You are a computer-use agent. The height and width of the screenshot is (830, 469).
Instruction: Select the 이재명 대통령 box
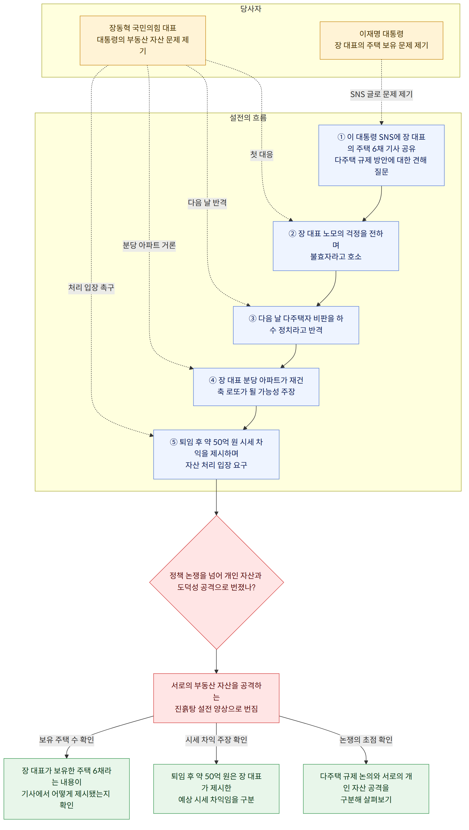click(x=381, y=41)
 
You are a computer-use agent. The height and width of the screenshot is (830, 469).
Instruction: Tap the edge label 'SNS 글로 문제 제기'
click(x=381, y=94)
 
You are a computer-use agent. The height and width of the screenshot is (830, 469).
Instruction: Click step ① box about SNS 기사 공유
click(x=381, y=155)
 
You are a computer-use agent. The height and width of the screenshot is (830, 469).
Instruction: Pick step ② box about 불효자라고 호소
click(x=336, y=246)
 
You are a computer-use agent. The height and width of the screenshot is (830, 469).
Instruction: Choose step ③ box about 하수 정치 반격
click(x=296, y=325)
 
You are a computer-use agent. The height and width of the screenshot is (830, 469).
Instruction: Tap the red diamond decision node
click(x=216, y=583)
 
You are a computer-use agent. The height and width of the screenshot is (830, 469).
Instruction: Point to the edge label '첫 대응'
click(x=262, y=155)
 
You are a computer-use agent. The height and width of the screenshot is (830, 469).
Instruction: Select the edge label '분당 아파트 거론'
click(x=149, y=245)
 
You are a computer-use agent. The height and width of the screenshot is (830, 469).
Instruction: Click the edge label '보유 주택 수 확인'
click(x=66, y=740)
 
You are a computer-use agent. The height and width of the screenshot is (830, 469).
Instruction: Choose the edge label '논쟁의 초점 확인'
click(x=366, y=740)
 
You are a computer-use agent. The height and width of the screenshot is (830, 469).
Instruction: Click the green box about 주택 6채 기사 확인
click(x=66, y=788)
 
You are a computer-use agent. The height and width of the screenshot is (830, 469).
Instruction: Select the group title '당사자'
click(x=251, y=9)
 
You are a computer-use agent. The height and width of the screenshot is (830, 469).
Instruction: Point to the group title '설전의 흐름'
click(x=248, y=117)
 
